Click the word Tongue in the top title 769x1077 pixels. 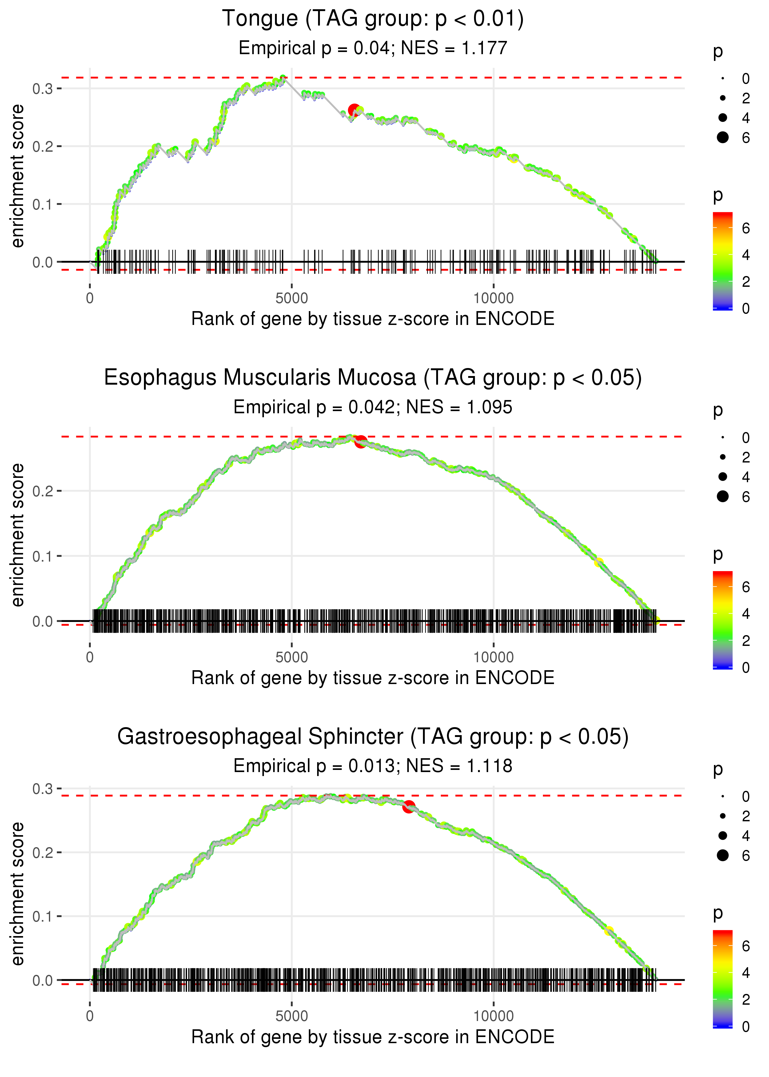click(x=260, y=19)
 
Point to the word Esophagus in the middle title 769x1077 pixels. click(x=160, y=378)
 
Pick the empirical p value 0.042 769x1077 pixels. click(x=371, y=407)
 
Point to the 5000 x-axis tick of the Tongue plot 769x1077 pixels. click(x=292, y=298)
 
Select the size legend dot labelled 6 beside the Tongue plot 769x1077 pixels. click(x=723, y=137)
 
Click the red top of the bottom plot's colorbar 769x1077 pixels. click(x=722, y=934)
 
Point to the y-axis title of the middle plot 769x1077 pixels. click(x=18, y=535)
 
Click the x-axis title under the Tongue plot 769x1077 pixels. click(x=373, y=319)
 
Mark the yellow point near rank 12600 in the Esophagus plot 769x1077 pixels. click(x=599, y=562)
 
